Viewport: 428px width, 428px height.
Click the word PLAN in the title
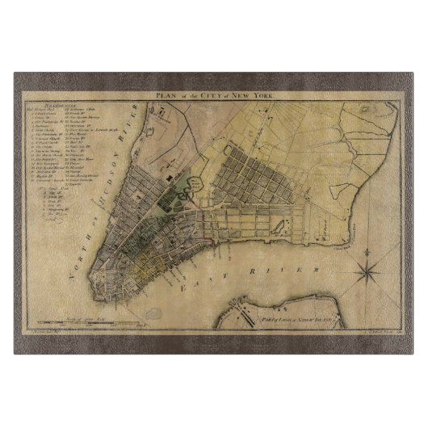pyautogui.click(x=167, y=95)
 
